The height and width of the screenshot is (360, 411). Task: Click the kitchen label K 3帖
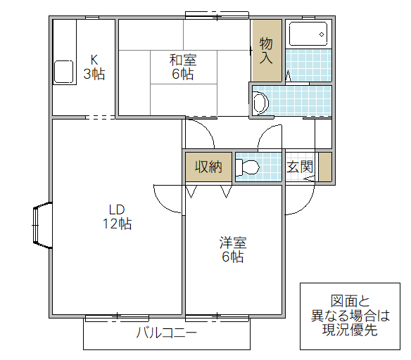pyautogui.click(x=94, y=67)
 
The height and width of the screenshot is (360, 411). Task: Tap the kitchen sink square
pyautogui.click(x=64, y=72)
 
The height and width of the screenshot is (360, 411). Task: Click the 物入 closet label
pyautogui.click(x=266, y=50)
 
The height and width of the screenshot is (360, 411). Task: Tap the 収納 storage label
pyautogui.click(x=208, y=167)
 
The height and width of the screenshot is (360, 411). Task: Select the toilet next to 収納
pyautogui.click(x=248, y=167)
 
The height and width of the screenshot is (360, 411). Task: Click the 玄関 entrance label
pyautogui.click(x=300, y=167)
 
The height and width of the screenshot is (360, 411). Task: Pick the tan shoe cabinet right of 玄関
pyautogui.click(x=324, y=167)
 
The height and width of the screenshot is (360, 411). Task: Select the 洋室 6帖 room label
pyautogui.click(x=232, y=250)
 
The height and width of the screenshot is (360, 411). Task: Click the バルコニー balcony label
pyautogui.click(x=166, y=333)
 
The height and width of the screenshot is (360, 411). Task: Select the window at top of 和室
pyautogui.click(x=217, y=15)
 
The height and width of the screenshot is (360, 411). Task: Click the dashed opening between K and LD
pyautogui.click(x=99, y=117)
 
